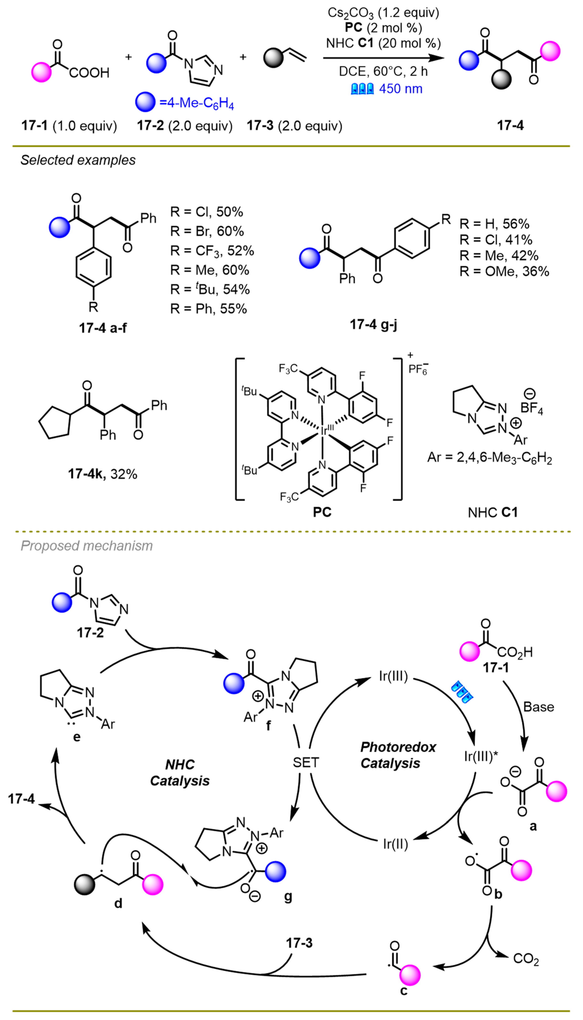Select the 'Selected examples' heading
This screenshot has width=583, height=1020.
coord(78,160)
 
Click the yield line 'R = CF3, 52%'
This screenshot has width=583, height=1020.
coord(212,251)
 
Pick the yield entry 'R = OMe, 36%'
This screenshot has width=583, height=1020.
coord(504,272)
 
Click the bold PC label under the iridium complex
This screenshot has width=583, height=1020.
coord(322,512)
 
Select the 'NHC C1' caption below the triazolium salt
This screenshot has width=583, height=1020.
coord(492,512)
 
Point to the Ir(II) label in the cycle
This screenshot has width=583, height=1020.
coord(395,844)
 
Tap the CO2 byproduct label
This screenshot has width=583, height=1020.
coord(526,960)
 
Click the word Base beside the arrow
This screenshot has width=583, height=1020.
coord(539,707)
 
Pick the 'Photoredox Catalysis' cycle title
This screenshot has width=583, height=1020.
coord(398,755)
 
